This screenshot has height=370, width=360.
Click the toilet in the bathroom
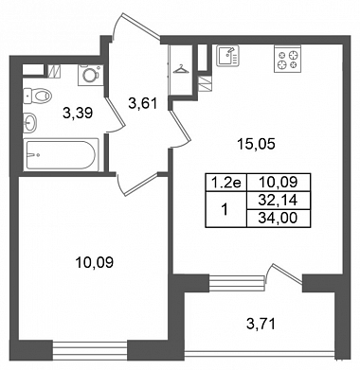tap(37, 96)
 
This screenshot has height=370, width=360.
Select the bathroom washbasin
tap(29, 122)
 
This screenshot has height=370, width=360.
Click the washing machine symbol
tap(91, 75)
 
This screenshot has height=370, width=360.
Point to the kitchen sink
tap(227, 56)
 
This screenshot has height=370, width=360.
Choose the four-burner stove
tap(287, 59)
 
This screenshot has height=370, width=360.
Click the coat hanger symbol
tap(180, 69)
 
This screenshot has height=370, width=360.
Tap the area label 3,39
tap(78, 113)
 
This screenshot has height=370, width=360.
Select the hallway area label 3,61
tap(142, 103)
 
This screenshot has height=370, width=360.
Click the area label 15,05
tap(257, 144)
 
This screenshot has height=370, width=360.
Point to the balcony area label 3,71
tap(261, 324)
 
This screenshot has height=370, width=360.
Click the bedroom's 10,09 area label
tap(94, 262)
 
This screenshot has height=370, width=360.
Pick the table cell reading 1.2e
tap(225, 183)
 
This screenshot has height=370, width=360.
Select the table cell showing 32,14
tap(279, 200)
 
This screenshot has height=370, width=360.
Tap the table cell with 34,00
tap(279, 218)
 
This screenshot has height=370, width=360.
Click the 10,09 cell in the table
tap(279, 183)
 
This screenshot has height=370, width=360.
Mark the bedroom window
tap(90, 350)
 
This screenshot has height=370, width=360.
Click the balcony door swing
tap(283, 274)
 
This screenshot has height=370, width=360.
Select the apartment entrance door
tap(136, 25)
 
